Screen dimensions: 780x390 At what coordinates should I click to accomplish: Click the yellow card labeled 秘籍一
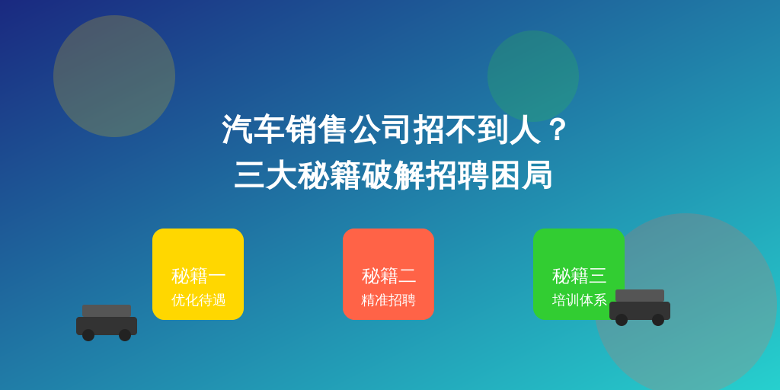click(198, 274)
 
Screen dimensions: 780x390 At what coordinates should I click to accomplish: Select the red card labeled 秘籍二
click(388, 274)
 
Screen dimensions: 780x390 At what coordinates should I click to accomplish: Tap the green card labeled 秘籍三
click(579, 274)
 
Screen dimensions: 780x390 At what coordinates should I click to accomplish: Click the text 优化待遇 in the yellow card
click(199, 300)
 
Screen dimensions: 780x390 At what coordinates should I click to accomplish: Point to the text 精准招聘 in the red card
click(388, 300)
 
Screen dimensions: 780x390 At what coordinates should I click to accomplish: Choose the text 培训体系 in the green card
click(580, 300)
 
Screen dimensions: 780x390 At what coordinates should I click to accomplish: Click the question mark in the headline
click(558, 129)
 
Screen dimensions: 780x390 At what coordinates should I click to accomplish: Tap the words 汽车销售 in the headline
click(285, 129)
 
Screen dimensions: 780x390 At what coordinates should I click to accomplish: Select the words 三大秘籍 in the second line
click(298, 175)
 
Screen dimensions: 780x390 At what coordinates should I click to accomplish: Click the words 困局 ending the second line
click(521, 175)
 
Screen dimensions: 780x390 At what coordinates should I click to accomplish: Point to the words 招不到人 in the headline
click(477, 129)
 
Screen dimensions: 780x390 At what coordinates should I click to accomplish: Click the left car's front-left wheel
click(88, 335)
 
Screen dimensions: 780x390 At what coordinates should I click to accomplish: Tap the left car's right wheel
click(125, 335)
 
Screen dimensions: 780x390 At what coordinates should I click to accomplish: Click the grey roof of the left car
click(107, 311)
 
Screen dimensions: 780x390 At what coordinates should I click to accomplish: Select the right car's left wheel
click(622, 320)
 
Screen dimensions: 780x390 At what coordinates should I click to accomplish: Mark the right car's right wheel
click(658, 320)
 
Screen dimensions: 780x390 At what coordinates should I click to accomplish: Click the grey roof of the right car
click(640, 296)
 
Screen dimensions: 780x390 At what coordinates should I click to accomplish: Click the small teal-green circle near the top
click(533, 76)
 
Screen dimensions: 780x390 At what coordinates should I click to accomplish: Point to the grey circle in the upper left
click(114, 76)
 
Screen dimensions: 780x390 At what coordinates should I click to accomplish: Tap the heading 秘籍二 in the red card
click(388, 276)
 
